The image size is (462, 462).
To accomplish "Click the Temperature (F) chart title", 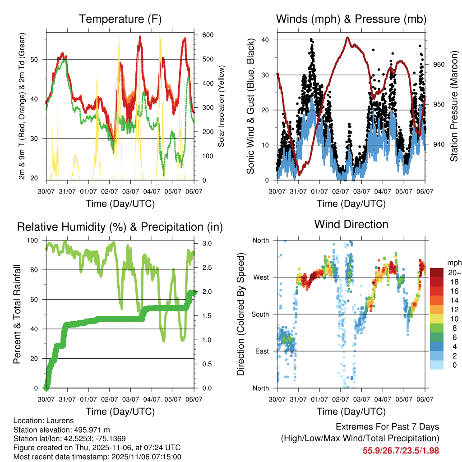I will point(120,19).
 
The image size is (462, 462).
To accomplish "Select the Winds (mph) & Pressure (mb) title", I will point(351,19).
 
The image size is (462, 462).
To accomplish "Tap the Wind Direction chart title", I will point(351,224).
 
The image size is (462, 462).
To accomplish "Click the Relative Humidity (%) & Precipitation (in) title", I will point(120,227).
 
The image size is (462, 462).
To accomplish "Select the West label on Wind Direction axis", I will point(261,277).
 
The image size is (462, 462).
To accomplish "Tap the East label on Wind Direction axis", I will point(262,351).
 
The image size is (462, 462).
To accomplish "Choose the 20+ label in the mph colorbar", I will point(453,273).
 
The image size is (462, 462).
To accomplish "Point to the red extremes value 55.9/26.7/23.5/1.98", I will point(401,451).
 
